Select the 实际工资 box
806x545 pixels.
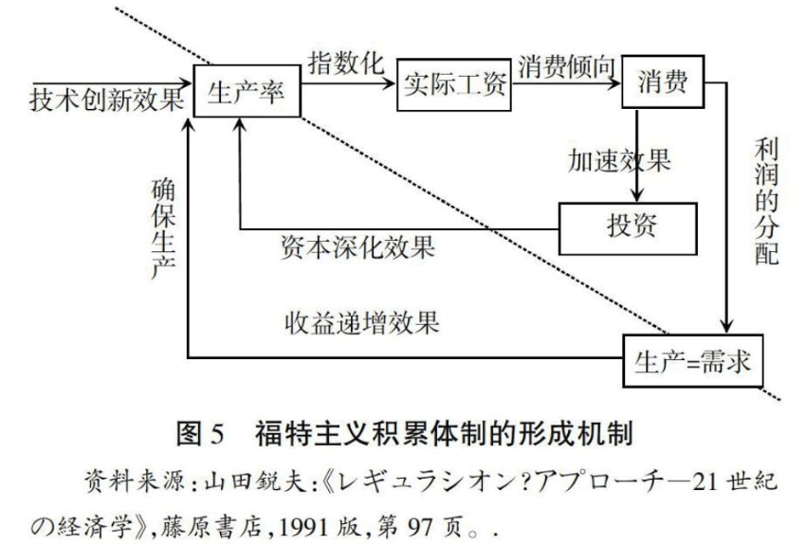point(455,91)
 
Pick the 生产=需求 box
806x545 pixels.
point(692,361)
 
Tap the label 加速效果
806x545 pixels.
point(620,159)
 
